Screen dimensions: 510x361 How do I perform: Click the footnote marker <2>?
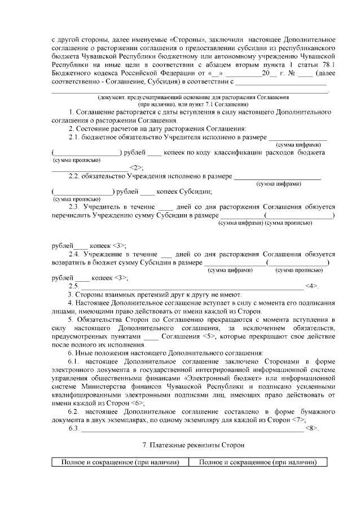click(x=137, y=168)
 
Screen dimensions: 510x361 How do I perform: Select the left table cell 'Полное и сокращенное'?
click(x=120, y=463)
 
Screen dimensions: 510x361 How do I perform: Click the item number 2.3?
click(x=74, y=207)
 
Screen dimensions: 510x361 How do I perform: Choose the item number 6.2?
click(x=74, y=413)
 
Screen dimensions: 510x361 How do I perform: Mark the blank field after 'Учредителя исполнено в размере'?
click(x=297, y=138)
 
